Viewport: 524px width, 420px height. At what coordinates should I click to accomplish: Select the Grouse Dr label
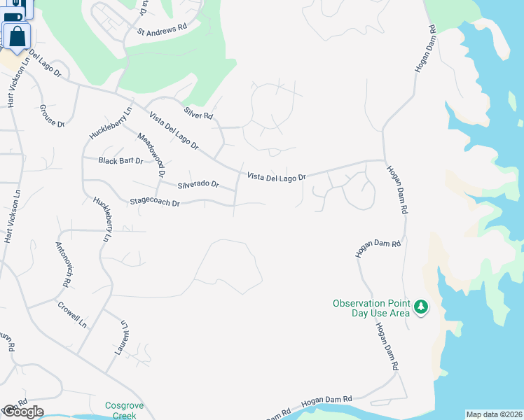(52, 115)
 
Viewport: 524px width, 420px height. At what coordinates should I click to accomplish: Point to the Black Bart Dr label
(120, 161)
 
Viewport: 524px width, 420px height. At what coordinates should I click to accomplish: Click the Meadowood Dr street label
(151, 154)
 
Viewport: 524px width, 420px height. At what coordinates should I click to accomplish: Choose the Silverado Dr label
(198, 185)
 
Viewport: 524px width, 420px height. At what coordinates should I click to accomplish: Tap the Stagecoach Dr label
(155, 202)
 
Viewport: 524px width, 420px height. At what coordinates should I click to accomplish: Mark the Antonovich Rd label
(64, 265)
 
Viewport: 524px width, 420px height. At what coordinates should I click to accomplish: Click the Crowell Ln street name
(72, 315)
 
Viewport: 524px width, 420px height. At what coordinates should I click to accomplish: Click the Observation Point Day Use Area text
(371, 308)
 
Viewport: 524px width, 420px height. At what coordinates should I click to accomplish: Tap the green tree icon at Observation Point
(420, 307)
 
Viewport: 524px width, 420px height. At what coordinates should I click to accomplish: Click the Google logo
(22, 412)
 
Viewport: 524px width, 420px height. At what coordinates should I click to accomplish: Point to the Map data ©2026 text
(493, 414)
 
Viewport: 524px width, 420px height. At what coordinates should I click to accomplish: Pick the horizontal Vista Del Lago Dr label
(276, 177)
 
